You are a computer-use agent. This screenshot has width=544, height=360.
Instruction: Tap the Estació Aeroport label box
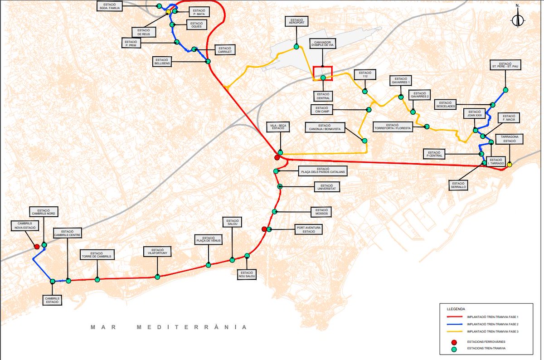tap(297, 21)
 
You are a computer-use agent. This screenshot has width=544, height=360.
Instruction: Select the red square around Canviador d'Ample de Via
tap(323, 73)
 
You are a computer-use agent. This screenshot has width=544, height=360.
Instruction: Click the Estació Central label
tap(323, 96)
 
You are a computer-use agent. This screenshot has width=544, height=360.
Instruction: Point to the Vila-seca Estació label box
tap(277, 127)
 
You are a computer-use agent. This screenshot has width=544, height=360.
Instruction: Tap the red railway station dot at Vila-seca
tap(277, 157)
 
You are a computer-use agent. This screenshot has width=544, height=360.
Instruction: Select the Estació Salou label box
tap(232, 222)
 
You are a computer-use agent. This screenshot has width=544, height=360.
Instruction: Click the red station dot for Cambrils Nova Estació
tap(37, 247)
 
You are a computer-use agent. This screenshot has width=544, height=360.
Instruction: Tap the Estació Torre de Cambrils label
tap(96, 255)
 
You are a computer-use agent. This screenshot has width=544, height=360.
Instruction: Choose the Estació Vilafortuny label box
tap(157, 252)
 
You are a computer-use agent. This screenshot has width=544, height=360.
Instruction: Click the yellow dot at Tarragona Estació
tap(509, 165)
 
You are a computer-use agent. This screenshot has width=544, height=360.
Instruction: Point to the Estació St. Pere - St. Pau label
tap(505, 66)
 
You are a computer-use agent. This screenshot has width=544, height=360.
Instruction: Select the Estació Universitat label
tap(326, 186)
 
